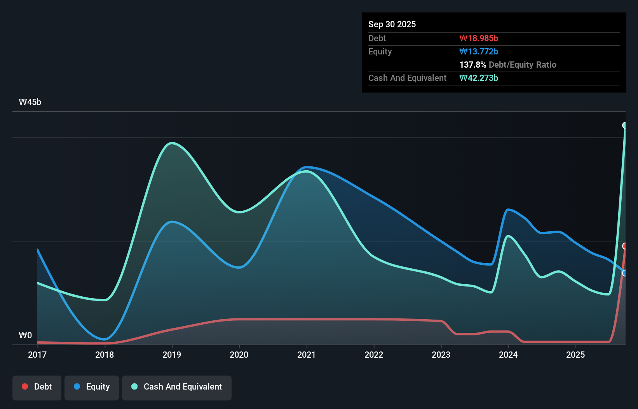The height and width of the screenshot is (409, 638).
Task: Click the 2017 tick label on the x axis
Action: [37, 355]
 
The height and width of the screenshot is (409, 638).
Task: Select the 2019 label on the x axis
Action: [172, 355]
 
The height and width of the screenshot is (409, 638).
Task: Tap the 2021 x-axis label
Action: [307, 355]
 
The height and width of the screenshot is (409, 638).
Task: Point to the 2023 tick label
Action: [441, 355]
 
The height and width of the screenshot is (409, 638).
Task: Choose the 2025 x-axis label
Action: [575, 355]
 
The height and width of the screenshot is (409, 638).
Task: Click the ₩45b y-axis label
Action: [30, 102]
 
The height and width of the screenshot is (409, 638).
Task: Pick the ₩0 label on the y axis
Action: [25, 335]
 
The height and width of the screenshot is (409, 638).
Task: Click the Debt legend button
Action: [37, 387]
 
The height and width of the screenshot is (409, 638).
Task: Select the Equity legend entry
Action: [92, 387]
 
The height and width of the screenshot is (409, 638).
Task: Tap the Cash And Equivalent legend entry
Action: [177, 387]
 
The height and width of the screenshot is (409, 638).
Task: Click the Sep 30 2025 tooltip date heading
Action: [392, 24]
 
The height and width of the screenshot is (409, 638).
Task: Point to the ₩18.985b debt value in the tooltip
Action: [479, 38]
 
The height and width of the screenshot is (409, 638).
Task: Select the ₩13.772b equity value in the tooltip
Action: [479, 51]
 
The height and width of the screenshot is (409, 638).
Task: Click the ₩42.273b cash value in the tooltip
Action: [479, 78]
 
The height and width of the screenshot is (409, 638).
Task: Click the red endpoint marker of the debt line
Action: [625, 246]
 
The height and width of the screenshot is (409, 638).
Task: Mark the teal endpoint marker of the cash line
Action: [625, 125]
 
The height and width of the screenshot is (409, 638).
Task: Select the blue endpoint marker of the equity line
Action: [625, 273]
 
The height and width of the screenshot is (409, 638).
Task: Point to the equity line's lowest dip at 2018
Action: [105, 339]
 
